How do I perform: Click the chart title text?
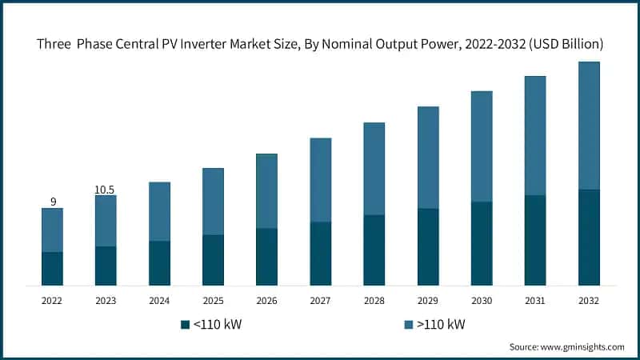[320, 43]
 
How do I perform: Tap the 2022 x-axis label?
[52, 301]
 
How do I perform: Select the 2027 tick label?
[320, 301]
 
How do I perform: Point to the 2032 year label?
[588, 301]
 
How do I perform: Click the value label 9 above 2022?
[53, 202]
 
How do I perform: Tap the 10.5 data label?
[106, 190]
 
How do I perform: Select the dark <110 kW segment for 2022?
[52, 269]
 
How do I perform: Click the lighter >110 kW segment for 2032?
[588, 126]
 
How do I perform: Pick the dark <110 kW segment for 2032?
[588, 238]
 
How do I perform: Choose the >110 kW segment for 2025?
[213, 202]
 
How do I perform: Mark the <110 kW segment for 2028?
[374, 250]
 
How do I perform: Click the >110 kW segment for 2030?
[481, 146]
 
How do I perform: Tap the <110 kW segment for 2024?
[159, 263]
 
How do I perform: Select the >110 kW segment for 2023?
[106, 221]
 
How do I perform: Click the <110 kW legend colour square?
[186, 324]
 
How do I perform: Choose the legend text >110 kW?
[440, 324]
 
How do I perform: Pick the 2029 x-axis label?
[427, 301]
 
